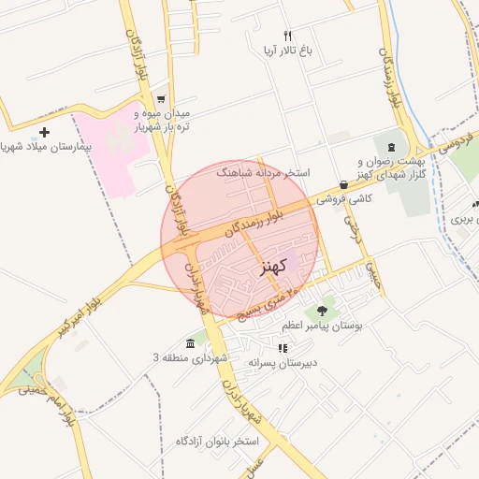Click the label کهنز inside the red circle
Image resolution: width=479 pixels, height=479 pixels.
click(267, 268)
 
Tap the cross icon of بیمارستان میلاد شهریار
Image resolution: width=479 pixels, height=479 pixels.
click(44, 132)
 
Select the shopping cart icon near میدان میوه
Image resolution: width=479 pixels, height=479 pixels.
click(161, 98)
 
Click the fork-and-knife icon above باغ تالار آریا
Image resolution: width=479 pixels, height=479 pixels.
click(274, 35)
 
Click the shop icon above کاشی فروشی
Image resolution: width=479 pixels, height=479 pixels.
click(344, 185)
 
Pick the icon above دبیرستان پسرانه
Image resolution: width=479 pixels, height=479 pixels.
click(283, 347)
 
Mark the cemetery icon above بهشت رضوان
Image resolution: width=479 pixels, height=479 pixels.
click(390, 148)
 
